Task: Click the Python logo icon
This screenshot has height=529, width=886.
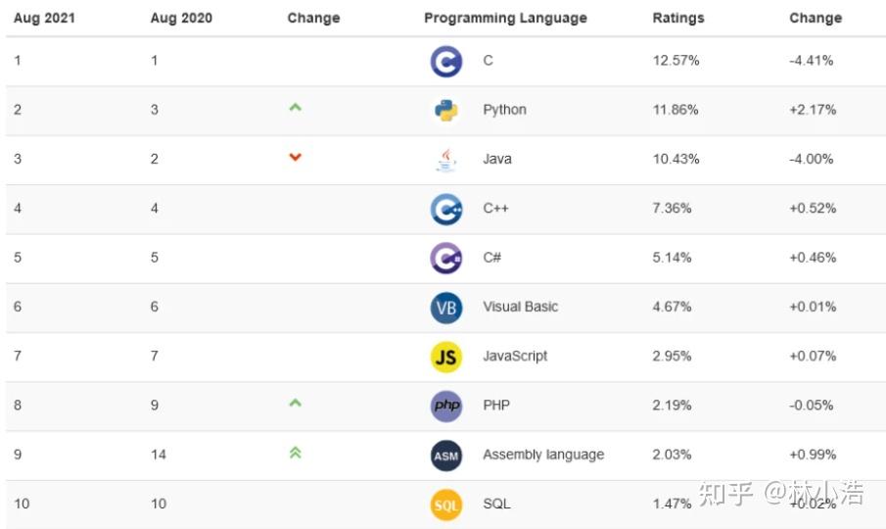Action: [x=446, y=111]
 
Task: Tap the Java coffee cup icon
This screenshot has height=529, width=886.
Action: [x=446, y=160]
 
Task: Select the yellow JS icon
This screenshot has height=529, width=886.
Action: [x=446, y=357]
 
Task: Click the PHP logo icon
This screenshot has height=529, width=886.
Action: [x=446, y=406]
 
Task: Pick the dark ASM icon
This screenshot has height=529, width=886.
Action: [x=446, y=455]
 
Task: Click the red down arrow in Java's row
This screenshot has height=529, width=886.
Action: [x=295, y=157]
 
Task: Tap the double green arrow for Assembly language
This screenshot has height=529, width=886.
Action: [x=295, y=453]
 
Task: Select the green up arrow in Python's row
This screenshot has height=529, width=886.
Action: [x=295, y=108]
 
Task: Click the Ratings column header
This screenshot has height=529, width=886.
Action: [x=677, y=18]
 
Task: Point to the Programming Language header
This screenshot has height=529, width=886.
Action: [x=505, y=18]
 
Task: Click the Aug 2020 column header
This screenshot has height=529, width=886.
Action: [x=181, y=18]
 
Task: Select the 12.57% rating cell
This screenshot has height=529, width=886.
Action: [x=676, y=61]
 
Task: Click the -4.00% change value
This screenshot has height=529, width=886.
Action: [x=811, y=159]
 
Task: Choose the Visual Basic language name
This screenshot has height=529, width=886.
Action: [x=520, y=307]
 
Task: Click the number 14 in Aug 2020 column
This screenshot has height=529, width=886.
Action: [x=159, y=455]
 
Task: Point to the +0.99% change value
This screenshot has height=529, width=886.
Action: [x=813, y=455]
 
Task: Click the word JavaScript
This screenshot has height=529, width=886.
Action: [x=515, y=356]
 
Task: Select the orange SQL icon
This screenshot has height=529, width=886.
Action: [x=446, y=505]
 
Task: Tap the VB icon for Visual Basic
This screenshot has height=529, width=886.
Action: [x=446, y=308]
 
